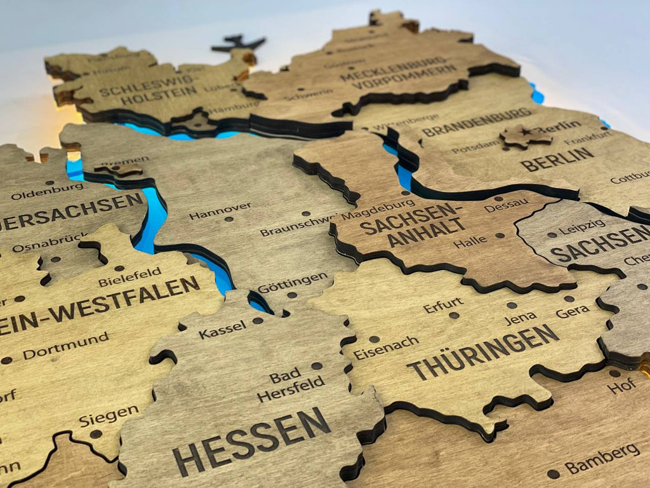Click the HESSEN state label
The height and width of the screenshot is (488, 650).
[251, 441]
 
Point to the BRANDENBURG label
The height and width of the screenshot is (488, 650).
[477, 122]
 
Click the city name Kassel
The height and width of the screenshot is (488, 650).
[222, 329]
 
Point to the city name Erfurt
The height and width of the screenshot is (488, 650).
[443, 305]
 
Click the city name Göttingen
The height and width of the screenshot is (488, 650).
[293, 283]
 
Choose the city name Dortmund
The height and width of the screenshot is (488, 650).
[66, 345]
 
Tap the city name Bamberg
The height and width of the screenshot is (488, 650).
[602, 458]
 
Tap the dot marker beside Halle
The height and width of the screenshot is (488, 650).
[500, 236]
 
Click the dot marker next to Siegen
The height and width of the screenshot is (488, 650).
[96, 434]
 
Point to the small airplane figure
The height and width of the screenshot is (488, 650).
[238, 44]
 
